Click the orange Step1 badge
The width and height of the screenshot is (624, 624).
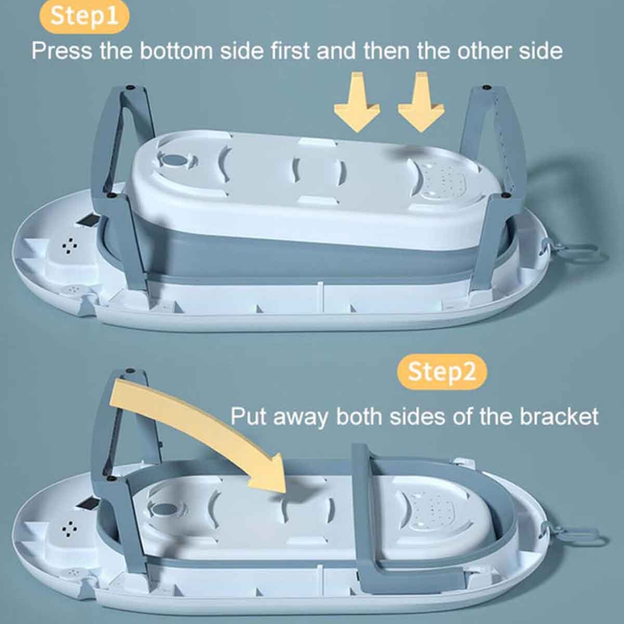coord(84,17)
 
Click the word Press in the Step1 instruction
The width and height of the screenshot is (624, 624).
coord(61,51)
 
